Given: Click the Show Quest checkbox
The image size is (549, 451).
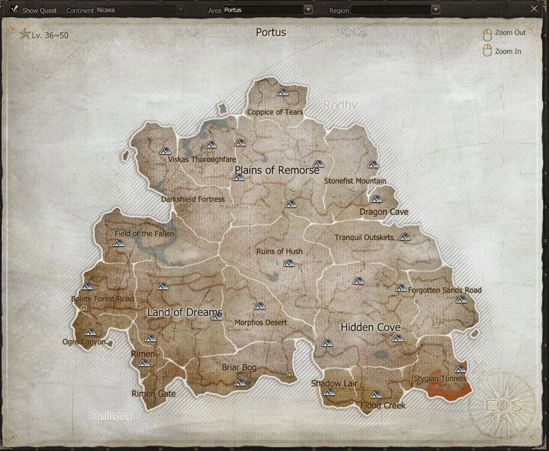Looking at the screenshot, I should coord(15,9).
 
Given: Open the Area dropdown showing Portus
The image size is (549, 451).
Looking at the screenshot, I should coord(308,10).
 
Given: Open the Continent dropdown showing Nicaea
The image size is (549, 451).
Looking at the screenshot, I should coord(180,10).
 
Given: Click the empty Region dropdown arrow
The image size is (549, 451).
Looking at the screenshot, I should coord(435,10).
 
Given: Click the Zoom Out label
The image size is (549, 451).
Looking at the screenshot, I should coord(510,33).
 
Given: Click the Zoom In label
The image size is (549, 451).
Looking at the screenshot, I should coord(508,52).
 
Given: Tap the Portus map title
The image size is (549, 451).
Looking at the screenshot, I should coord(271,32).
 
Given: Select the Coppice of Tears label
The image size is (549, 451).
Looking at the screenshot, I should coord(275,112).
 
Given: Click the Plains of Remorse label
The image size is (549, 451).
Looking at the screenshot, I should coord(277,170).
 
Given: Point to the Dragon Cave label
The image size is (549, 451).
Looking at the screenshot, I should coord(384,212).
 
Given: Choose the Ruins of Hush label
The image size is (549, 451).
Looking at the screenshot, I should coord(279,251).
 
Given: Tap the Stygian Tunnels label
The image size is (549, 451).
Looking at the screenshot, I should coord(440,379).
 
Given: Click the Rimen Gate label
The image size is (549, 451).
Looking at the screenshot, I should coord(153,394).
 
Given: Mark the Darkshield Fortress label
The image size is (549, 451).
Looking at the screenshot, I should coord(193,199).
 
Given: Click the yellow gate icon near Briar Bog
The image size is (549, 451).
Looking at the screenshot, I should coord(290,374).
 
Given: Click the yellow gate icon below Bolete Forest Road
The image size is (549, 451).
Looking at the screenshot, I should coord(83,308).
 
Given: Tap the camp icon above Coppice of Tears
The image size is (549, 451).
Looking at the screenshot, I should coord(283,92).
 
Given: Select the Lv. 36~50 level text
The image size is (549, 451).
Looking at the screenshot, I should coord(50,36).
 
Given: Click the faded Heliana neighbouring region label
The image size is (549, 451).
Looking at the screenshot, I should coord(110,416).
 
